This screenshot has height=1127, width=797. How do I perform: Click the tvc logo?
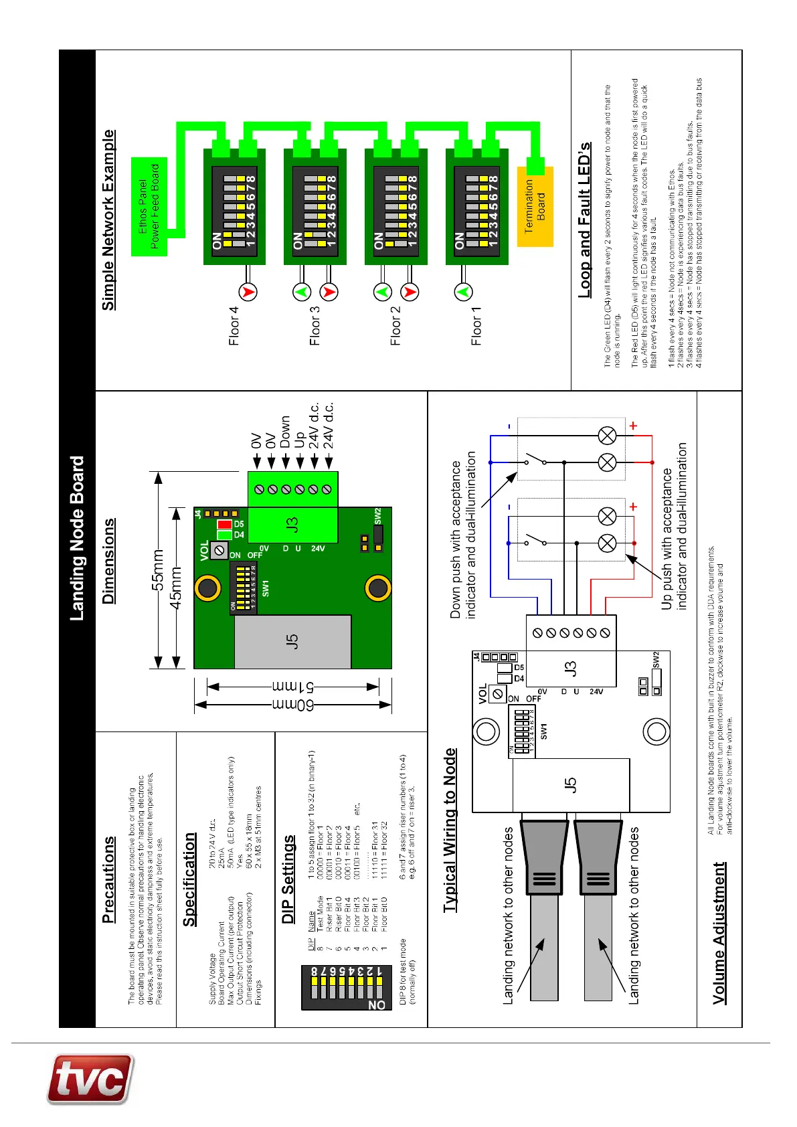point(90,1079)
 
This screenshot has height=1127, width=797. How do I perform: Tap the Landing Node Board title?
point(78,539)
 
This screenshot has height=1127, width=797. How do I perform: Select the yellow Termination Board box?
point(535,206)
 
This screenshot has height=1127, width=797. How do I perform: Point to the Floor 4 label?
point(234,326)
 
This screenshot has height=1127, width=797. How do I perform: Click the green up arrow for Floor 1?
point(463,292)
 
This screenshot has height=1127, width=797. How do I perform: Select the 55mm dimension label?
point(158,570)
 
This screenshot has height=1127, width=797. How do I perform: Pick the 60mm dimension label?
point(304,705)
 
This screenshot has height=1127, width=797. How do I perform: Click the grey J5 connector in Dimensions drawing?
point(292,641)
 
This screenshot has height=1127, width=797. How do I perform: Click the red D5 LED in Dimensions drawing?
point(224,524)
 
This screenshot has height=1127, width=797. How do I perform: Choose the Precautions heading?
point(108,879)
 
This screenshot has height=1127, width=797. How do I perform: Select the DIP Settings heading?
point(288,879)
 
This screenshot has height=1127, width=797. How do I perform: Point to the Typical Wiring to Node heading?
point(450,830)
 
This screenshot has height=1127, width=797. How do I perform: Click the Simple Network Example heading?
point(108,220)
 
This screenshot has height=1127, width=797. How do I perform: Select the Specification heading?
point(189,879)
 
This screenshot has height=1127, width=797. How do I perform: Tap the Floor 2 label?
point(395,326)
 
